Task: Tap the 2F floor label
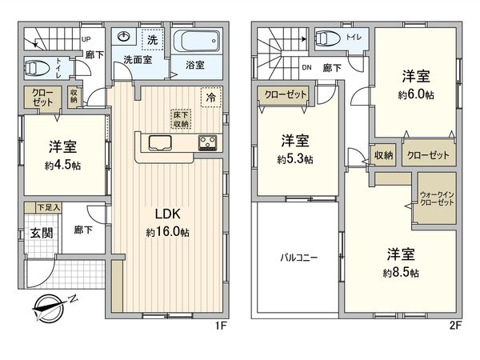tap(454, 326)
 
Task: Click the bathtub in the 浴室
tap(195, 41)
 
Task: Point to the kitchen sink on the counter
tap(159, 144)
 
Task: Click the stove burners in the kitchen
tap(208, 143)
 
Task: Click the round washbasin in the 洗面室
tap(124, 38)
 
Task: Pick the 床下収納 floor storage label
tap(181, 118)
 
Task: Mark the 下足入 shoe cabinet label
tap(30, 207)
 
